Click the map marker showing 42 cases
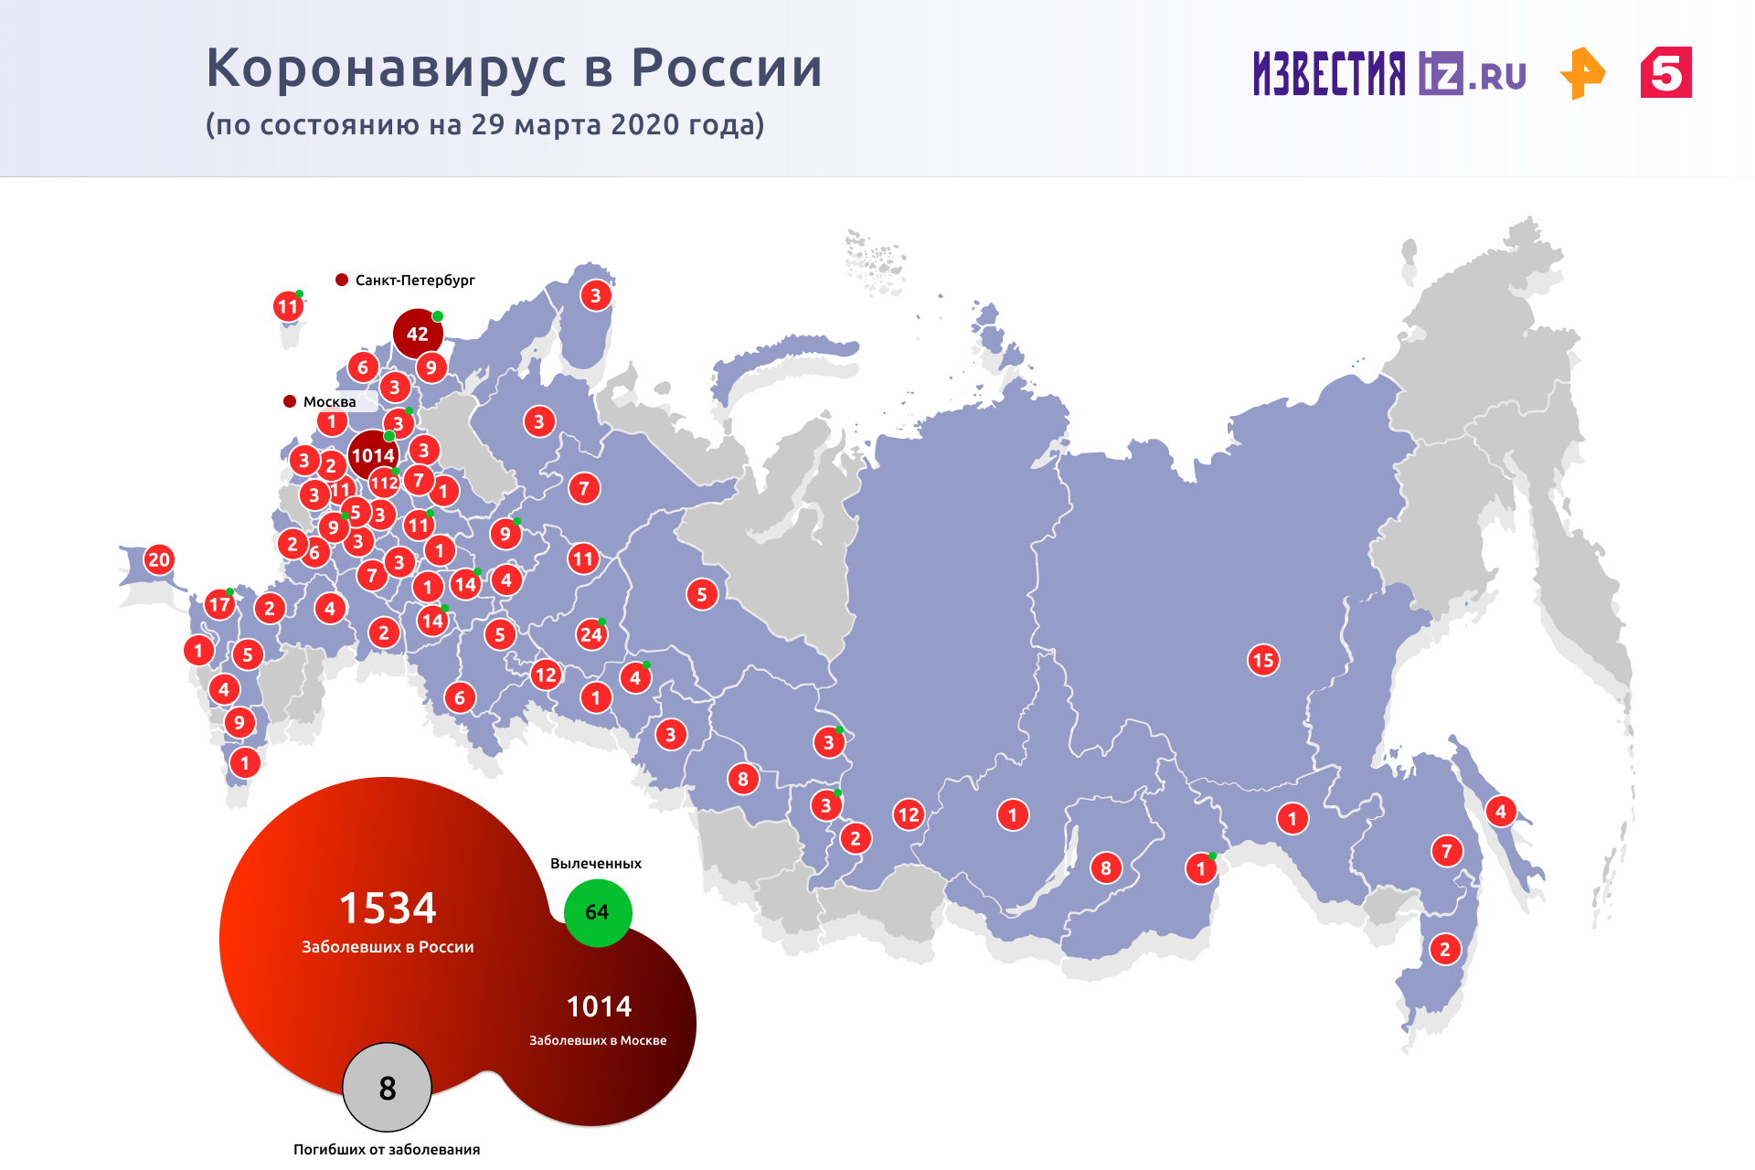(418, 334)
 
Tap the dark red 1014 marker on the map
(373, 455)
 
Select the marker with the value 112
(384, 483)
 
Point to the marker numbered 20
(159, 559)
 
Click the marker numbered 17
(219, 604)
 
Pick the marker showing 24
(591, 634)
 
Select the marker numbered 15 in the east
(1263, 660)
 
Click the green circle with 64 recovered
(597, 912)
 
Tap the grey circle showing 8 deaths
(387, 1088)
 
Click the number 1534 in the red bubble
(388, 909)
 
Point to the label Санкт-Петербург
(415, 281)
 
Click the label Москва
(329, 402)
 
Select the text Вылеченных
(596, 864)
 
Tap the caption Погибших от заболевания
(387, 1150)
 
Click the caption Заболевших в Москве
(598, 1040)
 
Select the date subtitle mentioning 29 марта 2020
(484, 125)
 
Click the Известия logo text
(1329, 73)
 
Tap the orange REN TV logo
(1583, 73)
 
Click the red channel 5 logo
(1665, 73)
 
